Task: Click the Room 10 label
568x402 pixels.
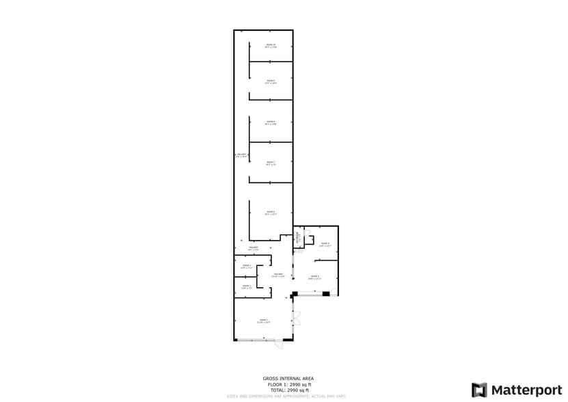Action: tap(271, 46)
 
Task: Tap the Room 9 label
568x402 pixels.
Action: tap(271, 81)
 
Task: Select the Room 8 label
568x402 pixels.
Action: tap(271, 123)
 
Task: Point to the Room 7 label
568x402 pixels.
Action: tap(271, 163)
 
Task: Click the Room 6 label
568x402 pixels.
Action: tap(271, 213)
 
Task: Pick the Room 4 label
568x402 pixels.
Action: tap(325, 244)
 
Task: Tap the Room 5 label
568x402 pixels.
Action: tap(314, 277)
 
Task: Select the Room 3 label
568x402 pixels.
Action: tap(246, 266)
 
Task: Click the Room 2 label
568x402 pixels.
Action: tap(246, 287)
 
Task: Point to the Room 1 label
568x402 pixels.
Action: tap(263, 321)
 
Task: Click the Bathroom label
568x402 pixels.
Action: tap(298, 239)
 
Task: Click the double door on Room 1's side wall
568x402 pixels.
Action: tap(297, 319)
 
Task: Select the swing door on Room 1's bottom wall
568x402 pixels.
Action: tap(279, 345)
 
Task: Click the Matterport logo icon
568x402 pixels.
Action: tap(480, 390)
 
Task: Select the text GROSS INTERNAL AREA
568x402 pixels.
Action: tap(288, 378)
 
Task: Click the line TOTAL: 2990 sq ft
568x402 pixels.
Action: tap(288, 390)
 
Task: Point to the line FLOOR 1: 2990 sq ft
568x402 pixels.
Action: tap(288, 384)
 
